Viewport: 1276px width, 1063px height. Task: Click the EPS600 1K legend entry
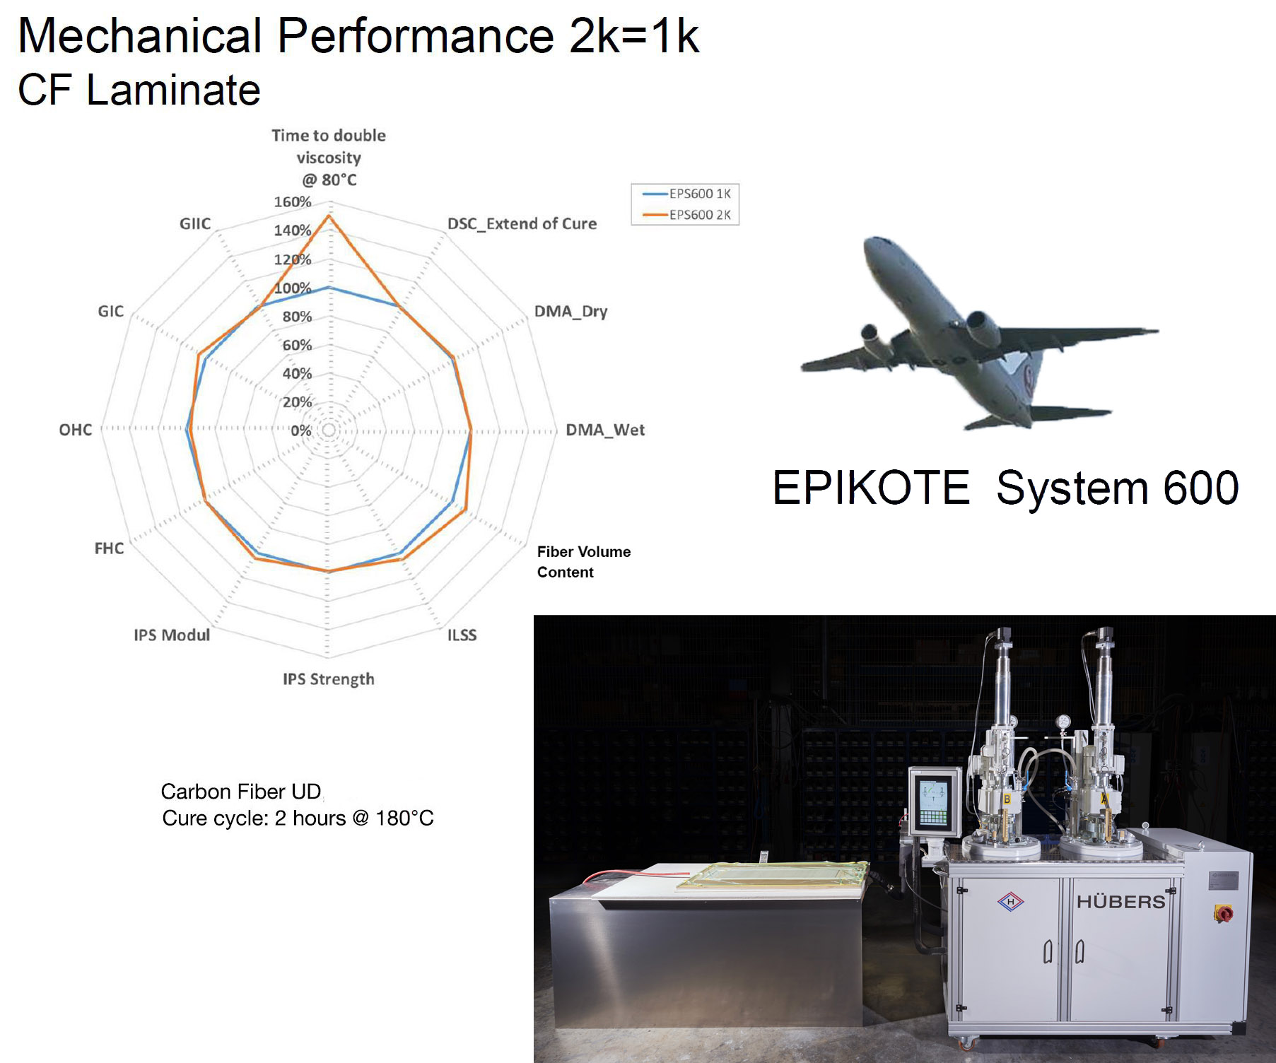coord(699,194)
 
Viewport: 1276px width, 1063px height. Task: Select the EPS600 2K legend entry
coord(699,215)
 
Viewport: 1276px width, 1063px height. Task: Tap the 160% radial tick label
coord(293,202)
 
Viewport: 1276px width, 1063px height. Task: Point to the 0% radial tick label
coord(301,430)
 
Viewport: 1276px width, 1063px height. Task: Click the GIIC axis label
coord(195,224)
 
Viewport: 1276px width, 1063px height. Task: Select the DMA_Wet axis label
coord(605,430)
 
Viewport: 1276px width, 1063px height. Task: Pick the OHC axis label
coord(76,430)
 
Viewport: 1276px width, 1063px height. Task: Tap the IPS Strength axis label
coord(329,679)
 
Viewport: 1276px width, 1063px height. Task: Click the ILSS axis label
coord(462,635)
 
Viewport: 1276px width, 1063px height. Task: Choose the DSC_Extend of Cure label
coord(522,224)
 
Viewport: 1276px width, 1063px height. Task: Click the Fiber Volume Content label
coord(583,562)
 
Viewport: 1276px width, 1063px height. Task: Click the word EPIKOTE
coord(871,488)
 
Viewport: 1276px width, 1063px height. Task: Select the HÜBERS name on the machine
coord(1120,902)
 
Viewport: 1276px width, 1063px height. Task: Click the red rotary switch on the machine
coord(1223,913)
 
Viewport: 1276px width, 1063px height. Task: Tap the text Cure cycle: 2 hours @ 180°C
coord(298,818)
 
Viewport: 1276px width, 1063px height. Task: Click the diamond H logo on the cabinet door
coord(1011,902)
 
